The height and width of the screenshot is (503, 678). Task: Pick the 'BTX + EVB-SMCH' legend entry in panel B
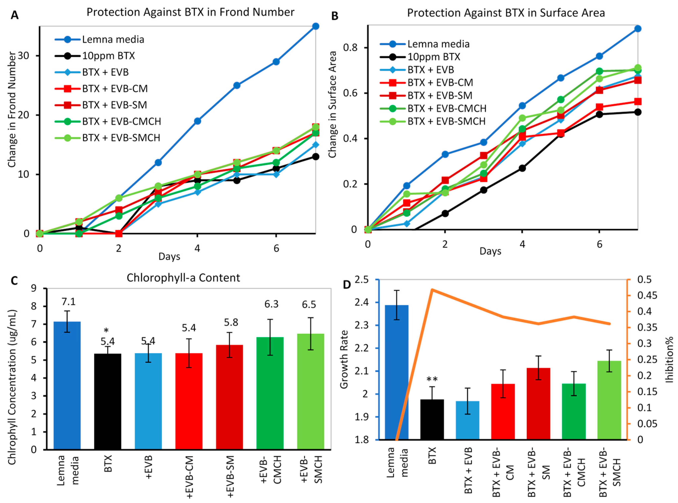tap(446, 121)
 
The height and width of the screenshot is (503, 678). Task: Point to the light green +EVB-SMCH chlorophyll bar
tap(310, 391)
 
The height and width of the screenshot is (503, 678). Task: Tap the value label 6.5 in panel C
tap(309, 305)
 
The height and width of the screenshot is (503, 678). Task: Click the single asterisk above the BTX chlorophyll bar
tap(106, 331)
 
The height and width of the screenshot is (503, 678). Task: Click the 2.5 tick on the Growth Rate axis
tap(361, 280)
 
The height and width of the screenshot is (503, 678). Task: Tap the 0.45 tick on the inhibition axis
tap(647, 296)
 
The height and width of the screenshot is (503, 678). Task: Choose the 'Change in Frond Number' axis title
tap(12, 110)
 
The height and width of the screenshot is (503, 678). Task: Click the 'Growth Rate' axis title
tap(344, 359)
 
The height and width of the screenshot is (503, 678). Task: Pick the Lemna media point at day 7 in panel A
tap(316, 26)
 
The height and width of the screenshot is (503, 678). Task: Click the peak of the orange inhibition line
tap(432, 290)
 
